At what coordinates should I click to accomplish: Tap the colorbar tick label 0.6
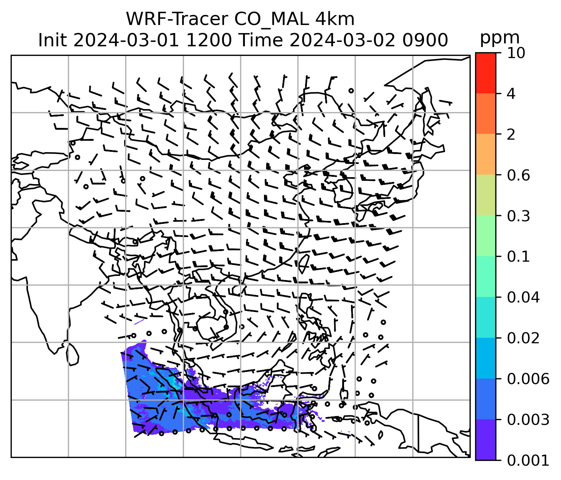[518, 175]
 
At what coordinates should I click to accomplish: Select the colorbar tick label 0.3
[518, 216]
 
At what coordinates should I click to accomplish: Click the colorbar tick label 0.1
[518, 257]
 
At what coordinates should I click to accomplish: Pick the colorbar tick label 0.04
[523, 297]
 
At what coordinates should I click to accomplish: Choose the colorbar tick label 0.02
[523, 338]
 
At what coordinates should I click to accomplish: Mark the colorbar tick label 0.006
[528, 379]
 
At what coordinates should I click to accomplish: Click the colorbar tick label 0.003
[528, 419]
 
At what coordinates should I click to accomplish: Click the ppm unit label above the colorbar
[500, 38]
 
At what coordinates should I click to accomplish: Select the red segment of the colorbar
[485, 73]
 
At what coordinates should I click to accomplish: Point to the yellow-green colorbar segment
[485, 195]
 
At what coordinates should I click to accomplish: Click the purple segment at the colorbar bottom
[485, 440]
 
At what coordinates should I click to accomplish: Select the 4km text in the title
[335, 19]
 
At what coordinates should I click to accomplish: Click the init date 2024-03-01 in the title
[126, 40]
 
